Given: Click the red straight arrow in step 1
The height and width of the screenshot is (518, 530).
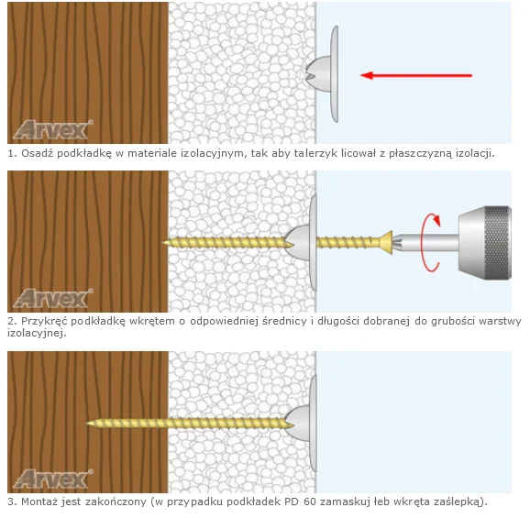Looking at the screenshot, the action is (x=416, y=75).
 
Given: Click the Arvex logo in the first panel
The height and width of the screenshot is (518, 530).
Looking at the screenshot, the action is (x=53, y=130).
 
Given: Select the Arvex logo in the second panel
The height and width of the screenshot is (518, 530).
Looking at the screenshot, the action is (x=53, y=298).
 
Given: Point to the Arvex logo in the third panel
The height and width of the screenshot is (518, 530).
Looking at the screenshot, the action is (x=53, y=479).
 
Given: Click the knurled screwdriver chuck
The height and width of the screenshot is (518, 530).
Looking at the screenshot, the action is (x=485, y=242).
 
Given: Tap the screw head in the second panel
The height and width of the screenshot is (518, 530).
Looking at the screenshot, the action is (x=386, y=242).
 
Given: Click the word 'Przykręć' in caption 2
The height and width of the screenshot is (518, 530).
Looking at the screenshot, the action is (x=44, y=321).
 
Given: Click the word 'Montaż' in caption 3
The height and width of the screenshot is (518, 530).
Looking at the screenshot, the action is (x=39, y=501).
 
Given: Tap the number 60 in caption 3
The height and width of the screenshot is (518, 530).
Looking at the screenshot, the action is (x=309, y=501).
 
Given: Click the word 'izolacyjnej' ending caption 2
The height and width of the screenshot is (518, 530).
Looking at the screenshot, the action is (x=35, y=333).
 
